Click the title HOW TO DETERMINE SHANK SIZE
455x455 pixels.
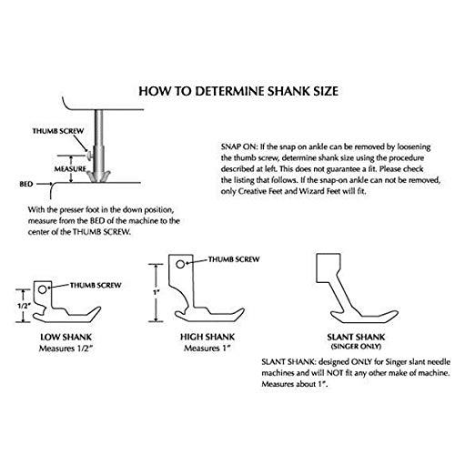coord(238,91)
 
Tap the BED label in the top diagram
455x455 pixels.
coord(26,184)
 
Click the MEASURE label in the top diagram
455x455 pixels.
coord(70,169)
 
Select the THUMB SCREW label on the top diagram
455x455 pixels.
coord(58,131)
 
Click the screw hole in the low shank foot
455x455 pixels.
coord(43,289)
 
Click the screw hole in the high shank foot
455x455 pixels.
coord(180,265)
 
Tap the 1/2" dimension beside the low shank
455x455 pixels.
coord(23,306)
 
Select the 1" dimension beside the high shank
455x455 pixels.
coord(157,293)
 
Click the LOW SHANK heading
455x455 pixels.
coord(66,337)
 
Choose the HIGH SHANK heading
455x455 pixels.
coord(207,337)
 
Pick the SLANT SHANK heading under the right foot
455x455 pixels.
coord(356,337)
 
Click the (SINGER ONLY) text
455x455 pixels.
coord(356,346)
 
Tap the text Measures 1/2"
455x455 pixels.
coord(66,349)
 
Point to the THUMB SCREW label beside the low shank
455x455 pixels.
coord(96,285)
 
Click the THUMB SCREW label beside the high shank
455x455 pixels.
coord(234,259)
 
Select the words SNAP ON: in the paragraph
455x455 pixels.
coord(239,147)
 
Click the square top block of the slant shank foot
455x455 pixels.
coord(329,268)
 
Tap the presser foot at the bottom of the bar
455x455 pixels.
coord(98,177)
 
